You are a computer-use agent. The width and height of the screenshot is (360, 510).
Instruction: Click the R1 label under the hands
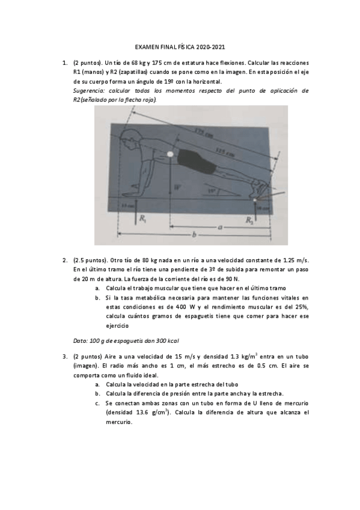point(142,220)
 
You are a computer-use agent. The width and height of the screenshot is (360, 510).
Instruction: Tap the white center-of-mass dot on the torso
point(171,155)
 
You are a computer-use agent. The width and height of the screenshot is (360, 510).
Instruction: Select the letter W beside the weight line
point(177,188)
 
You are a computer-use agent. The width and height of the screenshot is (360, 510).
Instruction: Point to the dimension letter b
point(193,235)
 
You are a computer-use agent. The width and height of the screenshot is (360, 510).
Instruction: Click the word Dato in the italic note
point(80,340)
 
